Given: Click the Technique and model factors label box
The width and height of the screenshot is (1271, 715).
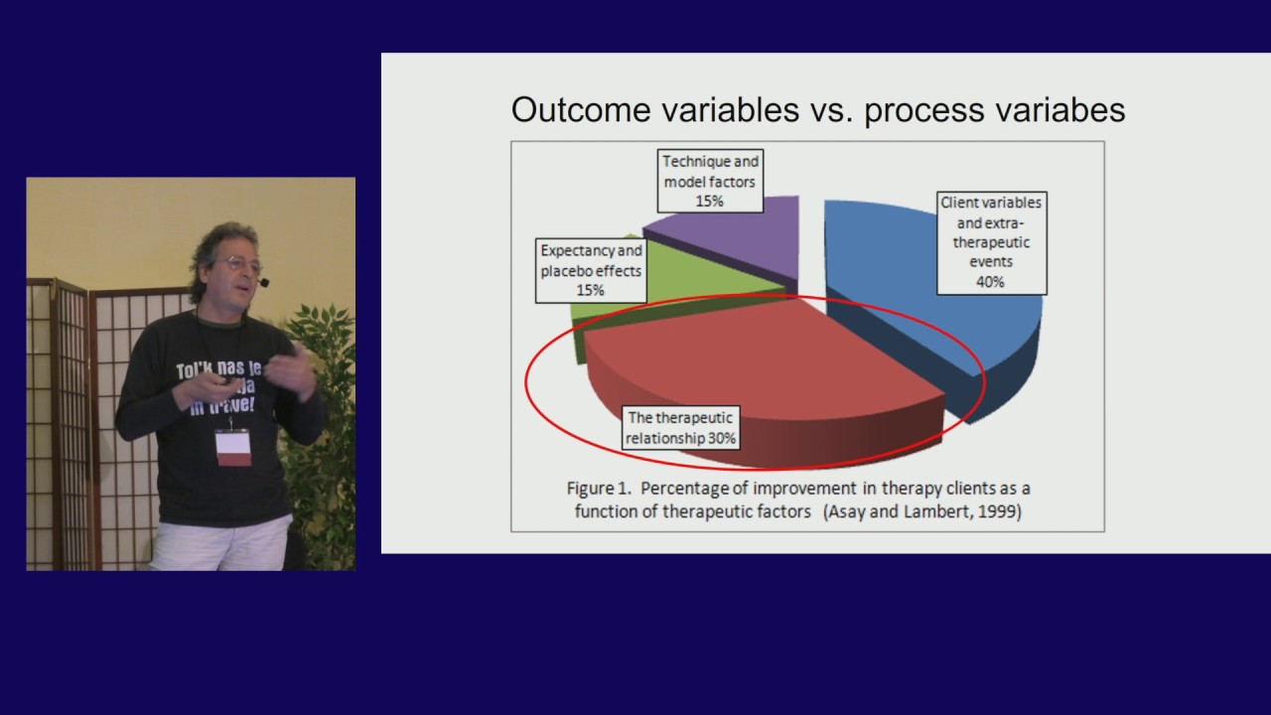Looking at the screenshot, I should tap(710, 181).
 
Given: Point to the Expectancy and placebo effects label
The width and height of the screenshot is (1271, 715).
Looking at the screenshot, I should tap(591, 270).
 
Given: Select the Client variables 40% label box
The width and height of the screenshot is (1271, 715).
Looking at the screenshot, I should tap(991, 242).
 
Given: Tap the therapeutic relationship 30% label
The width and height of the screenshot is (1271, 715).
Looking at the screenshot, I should tap(680, 428).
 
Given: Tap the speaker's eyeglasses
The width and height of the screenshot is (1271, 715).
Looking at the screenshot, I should tap(240, 264).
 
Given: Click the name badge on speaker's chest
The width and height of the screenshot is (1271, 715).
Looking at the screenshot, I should tap(233, 447).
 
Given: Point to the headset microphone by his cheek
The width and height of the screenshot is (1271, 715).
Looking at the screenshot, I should tap(263, 283).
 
